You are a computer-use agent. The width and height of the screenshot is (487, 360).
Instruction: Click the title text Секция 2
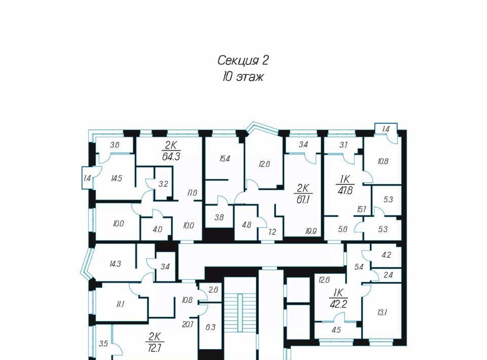[242, 60]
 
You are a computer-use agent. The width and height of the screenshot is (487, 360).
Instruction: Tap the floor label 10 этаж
[242, 77]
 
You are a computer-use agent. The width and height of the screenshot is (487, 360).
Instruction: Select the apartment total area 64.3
[171, 156]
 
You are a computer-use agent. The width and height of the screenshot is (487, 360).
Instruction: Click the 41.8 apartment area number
[345, 190]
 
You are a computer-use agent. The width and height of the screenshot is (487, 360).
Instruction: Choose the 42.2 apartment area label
[338, 304]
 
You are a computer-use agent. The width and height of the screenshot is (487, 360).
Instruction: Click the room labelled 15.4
[224, 159]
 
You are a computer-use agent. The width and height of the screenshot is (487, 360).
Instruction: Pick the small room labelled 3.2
[163, 184]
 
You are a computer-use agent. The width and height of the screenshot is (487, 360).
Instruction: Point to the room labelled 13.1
[381, 312]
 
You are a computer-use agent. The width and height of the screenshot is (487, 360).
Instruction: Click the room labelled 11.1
[120, 304]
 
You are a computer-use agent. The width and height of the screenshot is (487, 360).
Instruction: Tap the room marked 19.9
[310, 231]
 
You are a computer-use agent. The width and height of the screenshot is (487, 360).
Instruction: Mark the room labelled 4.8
[247, 225]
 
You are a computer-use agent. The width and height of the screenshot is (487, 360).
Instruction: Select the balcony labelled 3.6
[115, 145]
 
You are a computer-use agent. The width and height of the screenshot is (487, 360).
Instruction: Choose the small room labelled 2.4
[388, 275]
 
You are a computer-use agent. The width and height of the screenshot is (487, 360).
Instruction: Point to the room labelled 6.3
[210, 327]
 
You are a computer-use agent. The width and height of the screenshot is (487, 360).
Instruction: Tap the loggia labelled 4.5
[336, 330]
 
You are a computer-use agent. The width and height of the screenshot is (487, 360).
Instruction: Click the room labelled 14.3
[115, 264]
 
